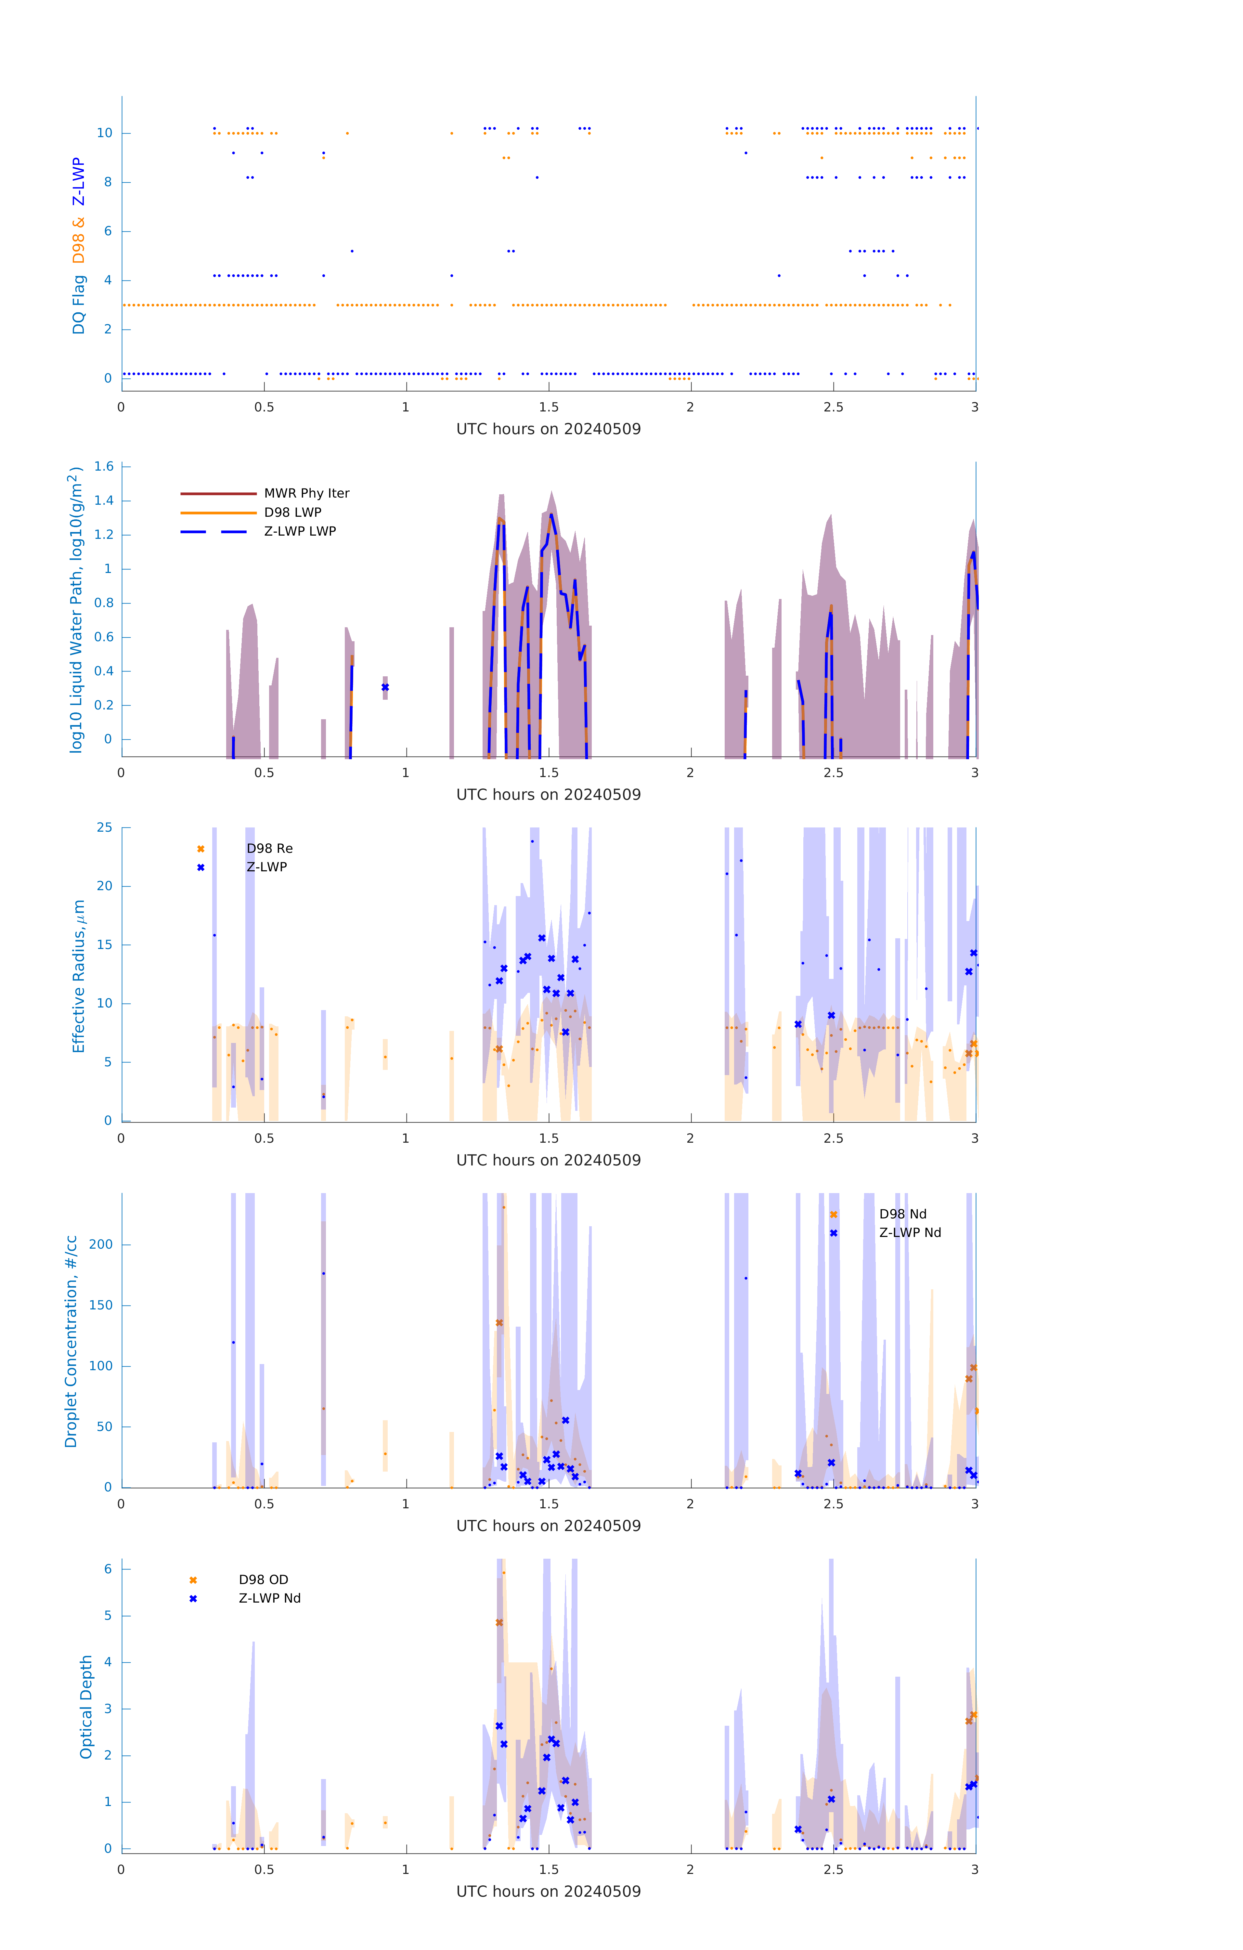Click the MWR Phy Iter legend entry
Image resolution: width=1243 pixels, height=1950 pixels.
tap(306, 493)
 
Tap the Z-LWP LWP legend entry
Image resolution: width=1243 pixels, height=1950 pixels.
tap(300, 531)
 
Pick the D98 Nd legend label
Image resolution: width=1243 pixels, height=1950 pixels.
tap(902, 1214)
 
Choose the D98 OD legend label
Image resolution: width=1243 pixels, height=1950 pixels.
tap(263, 1579)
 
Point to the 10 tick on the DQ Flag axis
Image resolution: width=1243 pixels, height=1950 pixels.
tap(104, 133)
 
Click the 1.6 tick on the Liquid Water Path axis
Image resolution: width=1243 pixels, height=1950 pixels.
tap(104, 466)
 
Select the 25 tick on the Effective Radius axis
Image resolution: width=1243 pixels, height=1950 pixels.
tap(104, 828)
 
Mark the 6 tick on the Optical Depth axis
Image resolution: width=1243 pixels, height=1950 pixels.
tap(108, 1568)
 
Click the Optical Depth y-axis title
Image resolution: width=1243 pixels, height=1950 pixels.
tap(86, 1706)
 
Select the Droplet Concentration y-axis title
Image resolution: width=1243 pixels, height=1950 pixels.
tap(71, 1341)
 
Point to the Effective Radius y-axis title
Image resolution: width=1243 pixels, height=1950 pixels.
tap(79, 976)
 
